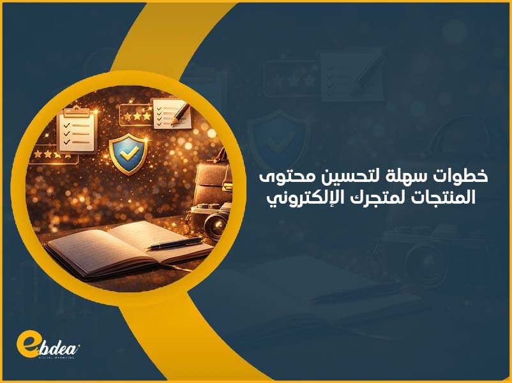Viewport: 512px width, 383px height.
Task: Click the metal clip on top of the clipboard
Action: (76, 110)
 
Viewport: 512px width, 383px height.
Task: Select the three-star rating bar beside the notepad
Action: (135, 116)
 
